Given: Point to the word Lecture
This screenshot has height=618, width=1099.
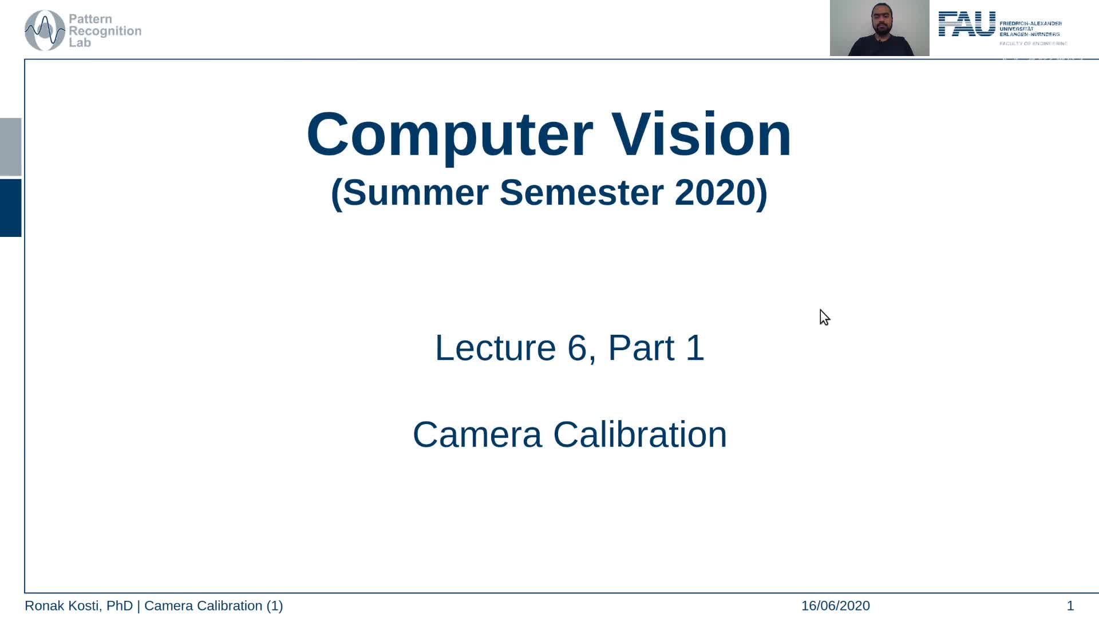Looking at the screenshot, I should (x=495, y=347).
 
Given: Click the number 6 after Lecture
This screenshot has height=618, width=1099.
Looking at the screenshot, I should (x=577, y=347).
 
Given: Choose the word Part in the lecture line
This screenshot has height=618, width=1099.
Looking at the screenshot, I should (x=641, y=347).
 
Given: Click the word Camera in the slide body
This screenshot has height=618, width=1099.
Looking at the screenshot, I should (x=477, y=434).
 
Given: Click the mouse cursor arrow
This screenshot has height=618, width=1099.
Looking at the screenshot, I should (x=824, y=316).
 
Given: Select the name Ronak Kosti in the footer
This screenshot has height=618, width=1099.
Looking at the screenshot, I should (x=63, y=605).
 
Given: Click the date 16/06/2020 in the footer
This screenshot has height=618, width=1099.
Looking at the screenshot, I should (x=835, y=605).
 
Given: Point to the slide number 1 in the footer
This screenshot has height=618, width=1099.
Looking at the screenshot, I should (x=1070, y=605).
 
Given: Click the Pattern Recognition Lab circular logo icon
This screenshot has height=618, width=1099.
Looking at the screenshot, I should (x=45, y=30).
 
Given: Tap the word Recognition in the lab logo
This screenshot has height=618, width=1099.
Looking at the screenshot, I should (x=105, y=31).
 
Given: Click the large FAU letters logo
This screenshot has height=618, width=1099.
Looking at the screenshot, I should (x=967, y=25).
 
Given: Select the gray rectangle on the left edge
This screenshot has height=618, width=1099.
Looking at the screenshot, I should (x=10, y=146).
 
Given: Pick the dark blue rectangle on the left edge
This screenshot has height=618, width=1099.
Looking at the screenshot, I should (x=10, y=208).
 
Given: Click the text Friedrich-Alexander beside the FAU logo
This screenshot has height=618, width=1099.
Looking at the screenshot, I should (x=1030, y=23).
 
